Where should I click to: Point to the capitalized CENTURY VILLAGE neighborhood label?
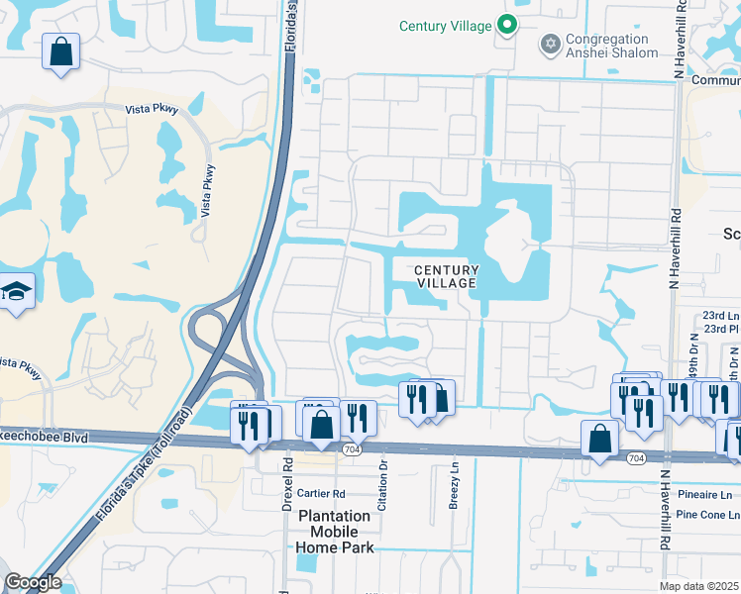(446, 276)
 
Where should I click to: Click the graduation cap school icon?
(16, 292)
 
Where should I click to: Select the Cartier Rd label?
(319, 494)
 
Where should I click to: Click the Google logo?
(32, 582)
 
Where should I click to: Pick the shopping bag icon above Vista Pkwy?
(61, 51)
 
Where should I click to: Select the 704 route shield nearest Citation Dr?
(352, 448)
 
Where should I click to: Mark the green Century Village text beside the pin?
(446, 26)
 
